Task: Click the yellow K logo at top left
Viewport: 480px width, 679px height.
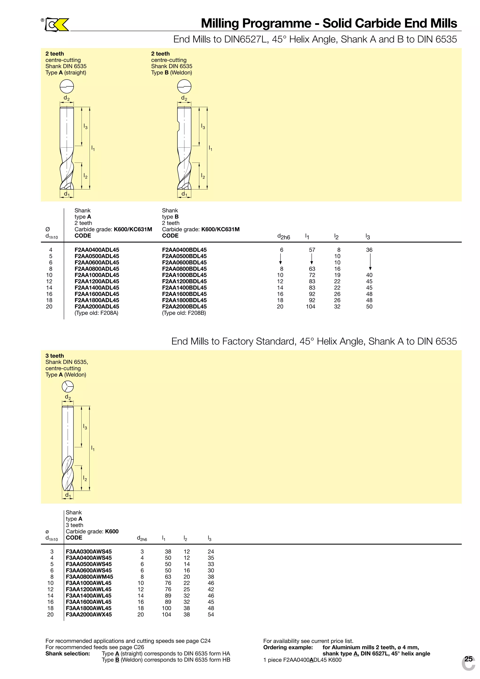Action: coord(61,25)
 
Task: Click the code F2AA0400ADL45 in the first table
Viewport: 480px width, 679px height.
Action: coord(97,250)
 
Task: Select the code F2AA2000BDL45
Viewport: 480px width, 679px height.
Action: coord(184,307)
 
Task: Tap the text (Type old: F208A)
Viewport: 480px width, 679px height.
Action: coord(96,313)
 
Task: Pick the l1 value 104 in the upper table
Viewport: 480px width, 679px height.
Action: coord(310,307)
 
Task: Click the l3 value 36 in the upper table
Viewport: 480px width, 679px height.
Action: coord(369,250)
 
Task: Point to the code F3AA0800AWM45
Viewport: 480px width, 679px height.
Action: coord(89,577)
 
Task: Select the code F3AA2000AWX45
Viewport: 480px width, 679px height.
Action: coord(89,615)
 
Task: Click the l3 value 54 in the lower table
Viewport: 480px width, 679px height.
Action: coord(211,615)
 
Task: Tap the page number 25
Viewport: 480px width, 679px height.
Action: coord(469,659)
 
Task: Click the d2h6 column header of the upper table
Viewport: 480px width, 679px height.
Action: coord(283,237)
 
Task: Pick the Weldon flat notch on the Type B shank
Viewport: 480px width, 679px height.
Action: coord(179,126)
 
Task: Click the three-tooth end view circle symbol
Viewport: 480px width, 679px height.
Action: coord(68,387)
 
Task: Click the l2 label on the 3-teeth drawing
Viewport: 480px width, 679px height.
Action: coord(85,478)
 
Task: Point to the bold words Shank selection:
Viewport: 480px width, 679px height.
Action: coord(67,654)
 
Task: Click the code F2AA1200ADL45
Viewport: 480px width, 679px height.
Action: coord(97,281)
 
